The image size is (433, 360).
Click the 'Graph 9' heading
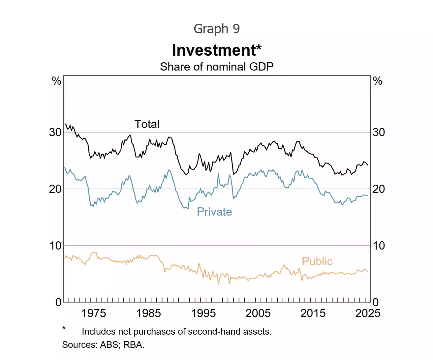click(217, 29)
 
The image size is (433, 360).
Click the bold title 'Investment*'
click(217, 50)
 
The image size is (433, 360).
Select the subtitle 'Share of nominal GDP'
click(217, 67)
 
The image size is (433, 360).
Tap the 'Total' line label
click(147, 124)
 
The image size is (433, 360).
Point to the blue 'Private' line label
click(214, 212)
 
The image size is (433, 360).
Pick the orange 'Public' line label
click(317, 261)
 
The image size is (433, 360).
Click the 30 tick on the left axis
click(55, 133)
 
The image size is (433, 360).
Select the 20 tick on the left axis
click(55, 189)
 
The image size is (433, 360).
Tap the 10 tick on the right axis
click(379, 246)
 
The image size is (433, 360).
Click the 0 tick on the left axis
click(58, 302)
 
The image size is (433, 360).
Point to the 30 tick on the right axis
click(379, 133)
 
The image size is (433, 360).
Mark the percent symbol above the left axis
click(57, 81)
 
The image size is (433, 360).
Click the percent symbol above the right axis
click(377, 81)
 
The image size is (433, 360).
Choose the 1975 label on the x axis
click(94, 313)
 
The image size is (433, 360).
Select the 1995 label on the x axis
click(203, 313)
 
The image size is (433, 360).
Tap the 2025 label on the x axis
click(368, 313)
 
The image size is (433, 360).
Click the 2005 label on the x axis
click(258, 313)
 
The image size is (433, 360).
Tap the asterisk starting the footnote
click(64, 328)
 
